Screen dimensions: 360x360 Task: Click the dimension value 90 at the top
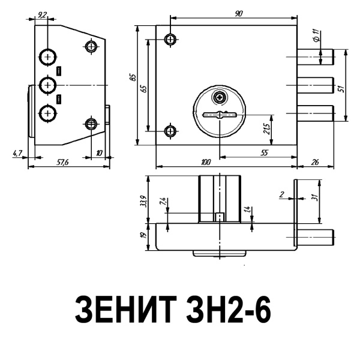[239, 13]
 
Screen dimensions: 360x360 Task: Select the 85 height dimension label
[134, 77]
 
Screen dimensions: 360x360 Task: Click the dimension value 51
[340, 88]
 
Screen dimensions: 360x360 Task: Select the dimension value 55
[264, 154]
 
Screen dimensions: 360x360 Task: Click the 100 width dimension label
[206, 162]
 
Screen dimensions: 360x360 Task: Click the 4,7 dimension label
[17, 154]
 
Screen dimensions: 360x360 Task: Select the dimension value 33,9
[142, 199]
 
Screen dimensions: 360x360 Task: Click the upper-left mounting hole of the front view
[171, 39]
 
